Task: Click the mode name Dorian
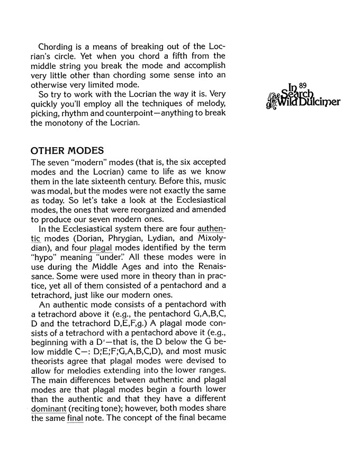click(93, 237)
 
